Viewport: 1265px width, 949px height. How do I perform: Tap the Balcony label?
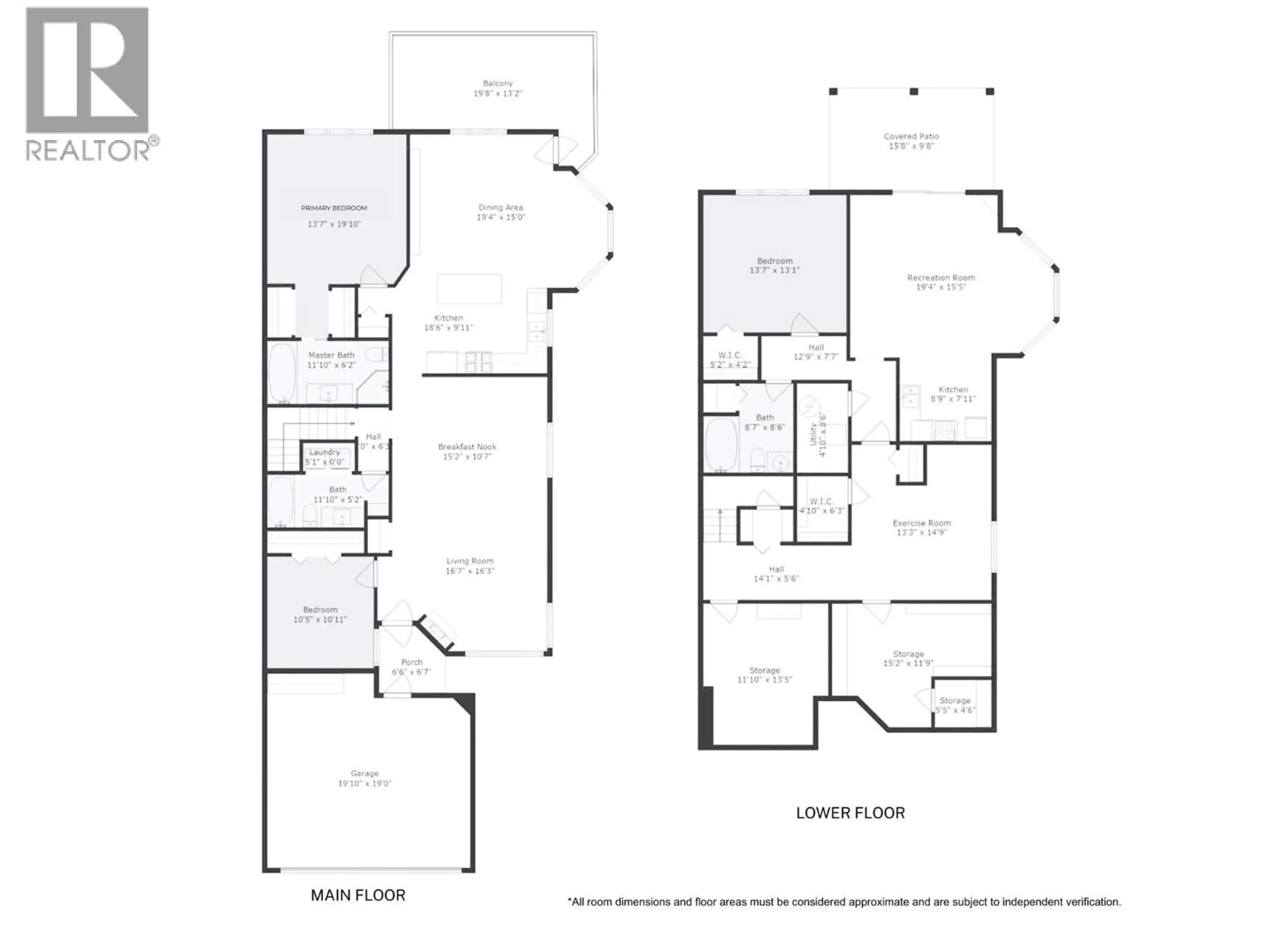[x=497, y=83]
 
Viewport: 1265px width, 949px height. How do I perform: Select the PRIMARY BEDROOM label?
[x=334, y=208]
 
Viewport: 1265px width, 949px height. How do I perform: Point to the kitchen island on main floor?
[x=469, y=289]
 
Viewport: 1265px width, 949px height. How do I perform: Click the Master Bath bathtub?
[x=281, y=373]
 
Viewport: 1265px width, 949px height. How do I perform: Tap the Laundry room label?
[x=324, y=452]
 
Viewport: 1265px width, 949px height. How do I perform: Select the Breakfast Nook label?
[x=467, y=447]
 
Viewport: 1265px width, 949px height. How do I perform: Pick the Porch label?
[x=412, y=662]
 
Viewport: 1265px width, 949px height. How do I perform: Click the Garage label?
[x=364, y=773]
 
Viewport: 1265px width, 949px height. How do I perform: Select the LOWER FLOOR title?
[x=850, y=813]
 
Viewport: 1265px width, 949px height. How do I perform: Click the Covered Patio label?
[x=911, y=136]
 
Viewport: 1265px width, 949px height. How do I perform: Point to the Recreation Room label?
[x=941, y=277]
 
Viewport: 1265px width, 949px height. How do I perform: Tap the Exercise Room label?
[x=921, y=523]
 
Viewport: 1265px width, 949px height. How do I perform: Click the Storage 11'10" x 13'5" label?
[x=765, y=671]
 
